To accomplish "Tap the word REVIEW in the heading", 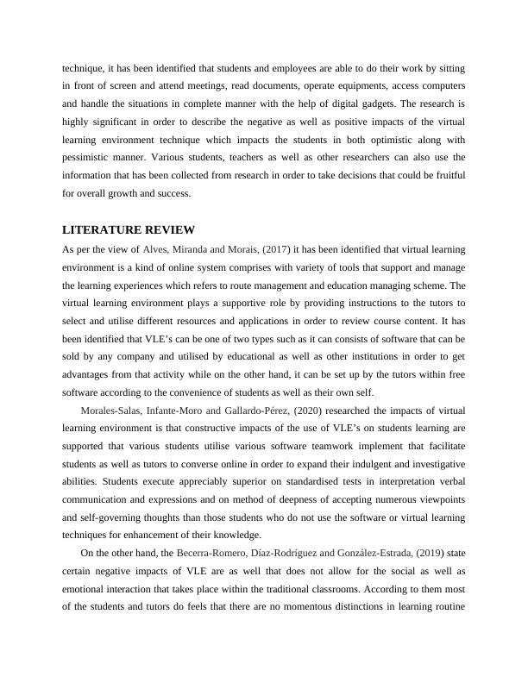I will click(x=169, y=230).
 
